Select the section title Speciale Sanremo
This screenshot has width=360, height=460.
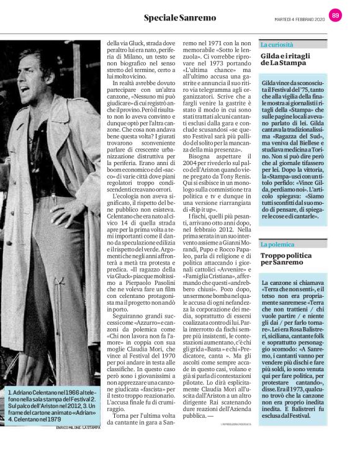[x=180, y=17]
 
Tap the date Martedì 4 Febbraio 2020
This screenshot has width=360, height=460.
[x=300, y=17]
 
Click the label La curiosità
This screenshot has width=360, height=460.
[x=277, y=45]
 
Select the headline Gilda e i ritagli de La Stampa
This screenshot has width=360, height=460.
[x=286, y=60]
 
